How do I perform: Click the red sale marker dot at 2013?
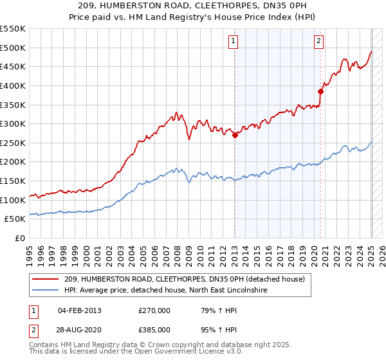[235, 135]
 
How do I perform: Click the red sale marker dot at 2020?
[320, 91]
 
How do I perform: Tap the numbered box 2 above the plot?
[318, 41]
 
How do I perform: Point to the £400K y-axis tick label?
[13, 85]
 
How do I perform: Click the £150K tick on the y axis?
[13, 181]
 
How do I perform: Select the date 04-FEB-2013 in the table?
[79, 310]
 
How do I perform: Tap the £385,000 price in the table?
[154, 330]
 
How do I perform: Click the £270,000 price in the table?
[154, 310]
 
